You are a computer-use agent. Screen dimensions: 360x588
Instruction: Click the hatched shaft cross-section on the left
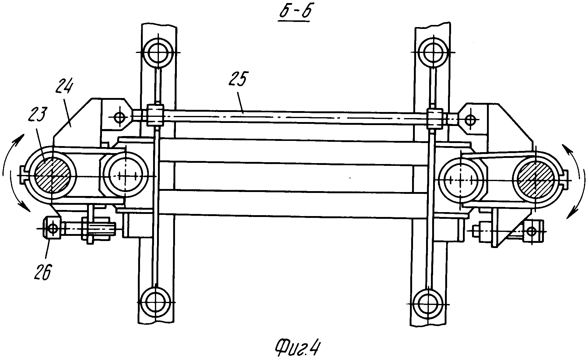52,176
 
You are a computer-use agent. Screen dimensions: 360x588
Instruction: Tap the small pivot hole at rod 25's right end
471,119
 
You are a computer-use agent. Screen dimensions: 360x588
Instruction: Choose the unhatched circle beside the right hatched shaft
462,180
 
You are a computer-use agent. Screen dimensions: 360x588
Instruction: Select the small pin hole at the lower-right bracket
532,232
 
